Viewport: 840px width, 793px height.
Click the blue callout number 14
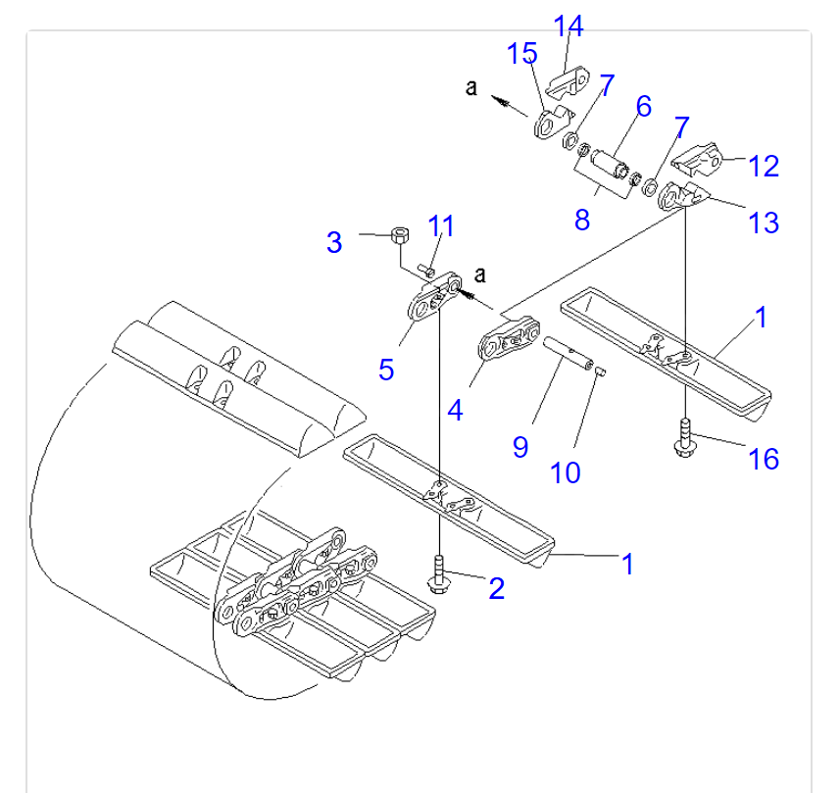coord(568,25)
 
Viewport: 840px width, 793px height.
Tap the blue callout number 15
coord(521,53)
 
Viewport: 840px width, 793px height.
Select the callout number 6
coord(644,106)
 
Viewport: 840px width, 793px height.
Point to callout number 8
coord(582,220)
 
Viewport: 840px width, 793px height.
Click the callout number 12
coord(764,166)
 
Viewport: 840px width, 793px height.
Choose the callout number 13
coord(764,223)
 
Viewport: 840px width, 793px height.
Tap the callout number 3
coord(334,242)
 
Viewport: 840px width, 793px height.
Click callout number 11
coord(441,225)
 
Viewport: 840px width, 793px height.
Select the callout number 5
coord(386,370)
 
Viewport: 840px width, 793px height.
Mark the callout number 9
coord(520,447)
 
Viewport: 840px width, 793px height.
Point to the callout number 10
coord(566,472)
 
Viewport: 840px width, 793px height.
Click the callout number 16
coord(764,459)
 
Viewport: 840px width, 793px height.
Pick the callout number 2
coord(497,588)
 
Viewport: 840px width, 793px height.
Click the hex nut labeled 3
coord(400,234)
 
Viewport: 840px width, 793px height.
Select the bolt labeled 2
coord(438,574)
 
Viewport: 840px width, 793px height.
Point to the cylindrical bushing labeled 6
coord(610,164)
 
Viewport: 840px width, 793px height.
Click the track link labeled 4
coord(509,339)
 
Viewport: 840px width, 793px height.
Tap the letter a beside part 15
coord(471,87)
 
